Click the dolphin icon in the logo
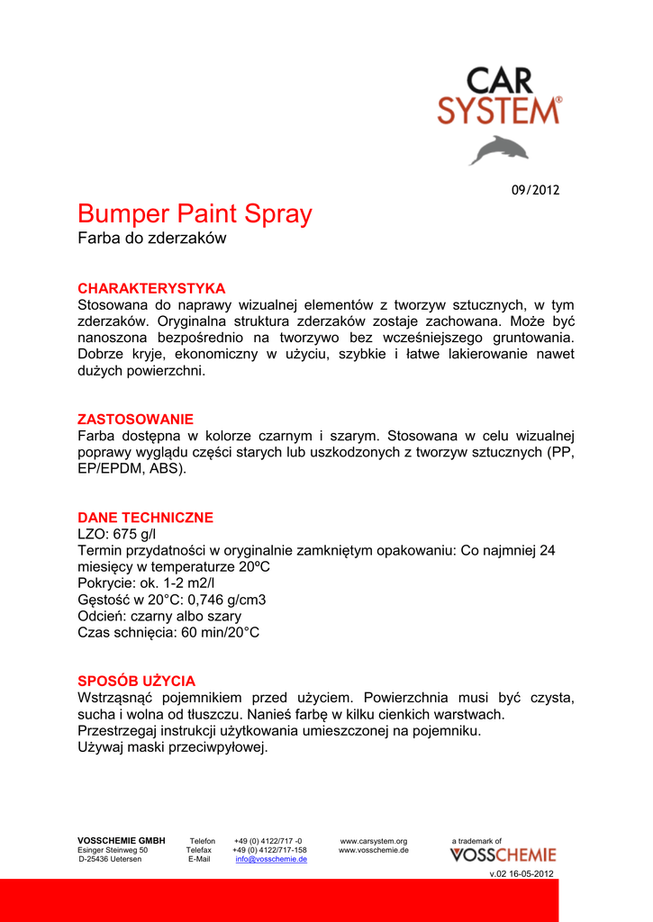click(x=498, y=149)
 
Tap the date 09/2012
click(x=535, y=190)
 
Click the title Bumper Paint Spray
click(x=195, y=214)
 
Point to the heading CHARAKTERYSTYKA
click(x=151, y=288)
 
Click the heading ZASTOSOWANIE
click(x=135, y=420)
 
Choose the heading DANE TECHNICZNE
click(x=145, y=518)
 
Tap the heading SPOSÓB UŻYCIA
click(x=136, y=681)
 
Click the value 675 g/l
click(x=135, y=535)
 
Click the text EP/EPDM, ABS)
click(x=132, y=469)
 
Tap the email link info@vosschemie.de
click(x=271, y=859)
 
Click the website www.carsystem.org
click(x=374, y=841)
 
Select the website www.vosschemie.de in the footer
click(x=374, y=850)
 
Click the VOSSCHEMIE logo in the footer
click(x=503, y=855)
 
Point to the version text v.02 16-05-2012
click(x=521, y=874)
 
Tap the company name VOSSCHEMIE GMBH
click(x=122, y=841)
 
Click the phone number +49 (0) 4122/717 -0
click(x=268, y=841)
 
